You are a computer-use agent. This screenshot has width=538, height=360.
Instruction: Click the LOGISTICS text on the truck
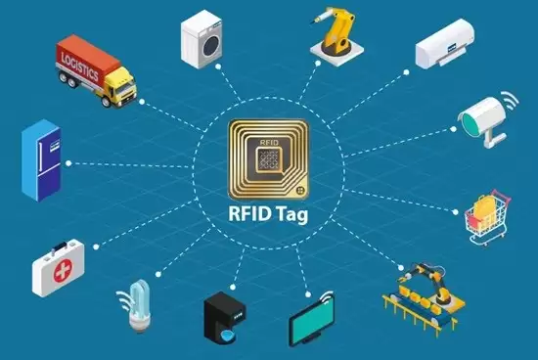pos(80,67)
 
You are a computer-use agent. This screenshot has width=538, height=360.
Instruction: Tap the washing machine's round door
pos(211,46)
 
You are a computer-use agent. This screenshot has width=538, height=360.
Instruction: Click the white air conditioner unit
pos(445,44)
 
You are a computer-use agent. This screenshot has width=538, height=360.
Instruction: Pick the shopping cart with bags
pos(487,217)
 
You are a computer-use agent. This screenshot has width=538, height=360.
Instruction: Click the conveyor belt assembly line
pos(424,298)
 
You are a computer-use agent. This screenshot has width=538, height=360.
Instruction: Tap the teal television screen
pos(311,318)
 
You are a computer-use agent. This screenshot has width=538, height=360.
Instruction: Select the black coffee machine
pos(224,317)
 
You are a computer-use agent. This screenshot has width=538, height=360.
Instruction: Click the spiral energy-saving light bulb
pos(138,304)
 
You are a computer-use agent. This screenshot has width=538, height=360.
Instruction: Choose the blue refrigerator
pos(41,160)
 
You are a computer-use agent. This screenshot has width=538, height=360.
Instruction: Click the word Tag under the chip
pos(292,214)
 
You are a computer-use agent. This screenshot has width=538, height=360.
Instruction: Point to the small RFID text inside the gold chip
pos(269,143)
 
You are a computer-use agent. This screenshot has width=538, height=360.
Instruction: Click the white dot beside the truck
pos(142,102)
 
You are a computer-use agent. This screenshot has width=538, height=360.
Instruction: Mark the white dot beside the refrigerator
pos(68,163)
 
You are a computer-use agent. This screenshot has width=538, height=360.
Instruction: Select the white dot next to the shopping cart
pos(455,212)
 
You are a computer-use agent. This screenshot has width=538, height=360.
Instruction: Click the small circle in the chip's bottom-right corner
pos(300,190)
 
